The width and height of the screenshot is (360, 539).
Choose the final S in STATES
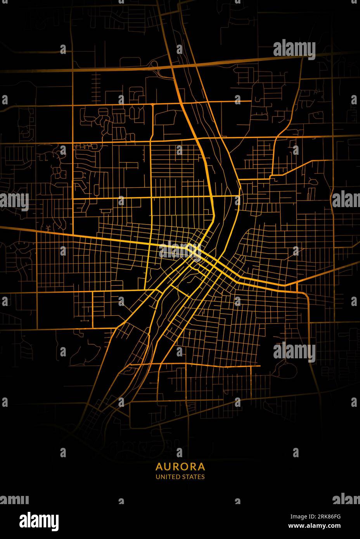203,477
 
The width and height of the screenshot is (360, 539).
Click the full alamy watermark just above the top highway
294,50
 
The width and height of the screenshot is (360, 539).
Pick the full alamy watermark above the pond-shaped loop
294,352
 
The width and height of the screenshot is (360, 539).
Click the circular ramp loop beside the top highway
155,64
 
